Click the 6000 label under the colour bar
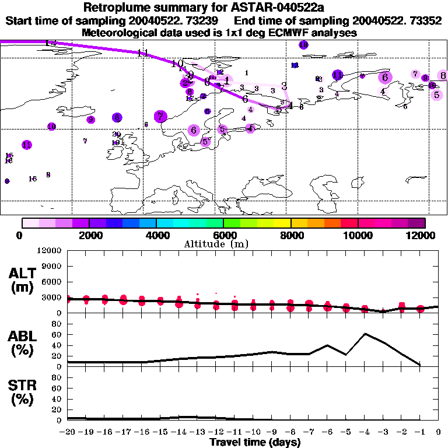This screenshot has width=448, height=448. [223, 235]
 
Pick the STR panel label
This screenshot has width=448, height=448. [22, 393]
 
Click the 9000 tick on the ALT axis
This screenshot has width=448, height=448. [52, 266]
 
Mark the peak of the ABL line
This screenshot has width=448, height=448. [365, 334]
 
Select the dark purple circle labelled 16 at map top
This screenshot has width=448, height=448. [303, 45]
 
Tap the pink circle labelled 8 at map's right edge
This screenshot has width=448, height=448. [443, 75]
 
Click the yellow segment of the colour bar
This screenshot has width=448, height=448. [282, 222]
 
